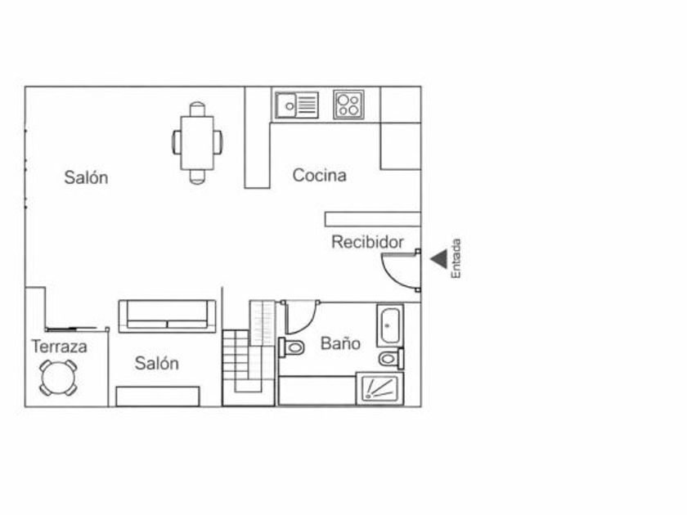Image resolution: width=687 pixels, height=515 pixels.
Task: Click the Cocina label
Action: (x=319, y=175)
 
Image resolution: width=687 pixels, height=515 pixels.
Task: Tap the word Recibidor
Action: (x=367, y=242)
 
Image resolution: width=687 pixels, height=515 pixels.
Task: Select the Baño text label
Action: (x=340, y=343)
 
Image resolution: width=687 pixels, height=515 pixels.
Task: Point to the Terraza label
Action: (x=60, y=347)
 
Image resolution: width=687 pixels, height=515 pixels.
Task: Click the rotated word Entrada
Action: (x=457, y=258)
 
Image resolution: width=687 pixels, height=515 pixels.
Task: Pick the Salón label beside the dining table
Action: (x=86, y=177)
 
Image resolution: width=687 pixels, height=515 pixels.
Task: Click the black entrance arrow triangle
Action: (x=440, y=259)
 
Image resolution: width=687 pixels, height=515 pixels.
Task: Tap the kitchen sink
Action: (x=296, y=105)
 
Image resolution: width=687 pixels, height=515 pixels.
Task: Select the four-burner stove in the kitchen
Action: (x=348, y=105)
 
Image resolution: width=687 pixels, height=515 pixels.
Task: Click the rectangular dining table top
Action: (x=197, y=142)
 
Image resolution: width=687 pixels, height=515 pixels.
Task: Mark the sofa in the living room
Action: (x=168, y=316)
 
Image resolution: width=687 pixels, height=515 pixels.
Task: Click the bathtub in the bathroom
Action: (x=389, y=325)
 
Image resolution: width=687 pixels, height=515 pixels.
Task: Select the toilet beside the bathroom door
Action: (x=291, y=347)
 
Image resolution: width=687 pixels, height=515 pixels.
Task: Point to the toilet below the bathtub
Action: (x=390, y=358)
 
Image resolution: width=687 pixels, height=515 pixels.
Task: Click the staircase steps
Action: (x=249, y=360)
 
